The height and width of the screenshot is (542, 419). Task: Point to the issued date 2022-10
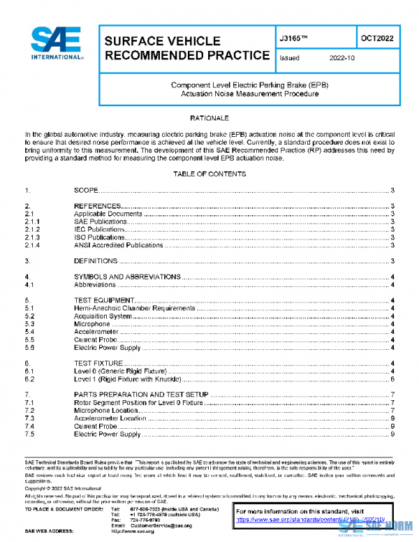(342, 59)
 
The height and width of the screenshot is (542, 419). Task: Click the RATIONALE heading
(209, 119)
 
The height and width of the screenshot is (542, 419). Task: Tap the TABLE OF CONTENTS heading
(209, 174)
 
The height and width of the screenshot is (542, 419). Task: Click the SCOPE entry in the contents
(85, 191)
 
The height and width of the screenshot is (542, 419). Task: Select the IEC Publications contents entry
(101, 230)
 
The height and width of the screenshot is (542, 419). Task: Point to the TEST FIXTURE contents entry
(98, 363)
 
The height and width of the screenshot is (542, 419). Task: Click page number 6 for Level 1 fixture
(394, 379)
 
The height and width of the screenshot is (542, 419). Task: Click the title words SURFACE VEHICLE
(162, 41)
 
